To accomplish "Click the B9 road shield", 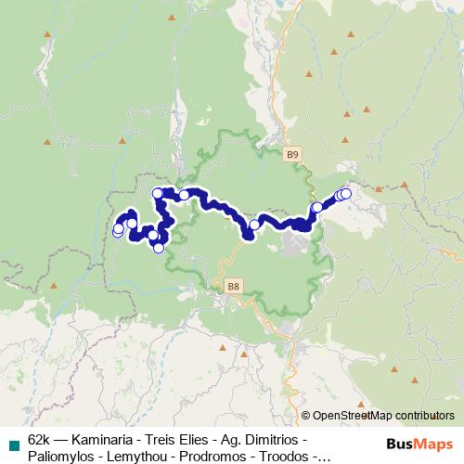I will (293, 153).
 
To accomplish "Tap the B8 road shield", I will (232, 289).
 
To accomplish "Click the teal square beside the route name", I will (13, 445).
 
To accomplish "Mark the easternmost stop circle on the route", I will (346, 193).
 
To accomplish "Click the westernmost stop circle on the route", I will (118, 231).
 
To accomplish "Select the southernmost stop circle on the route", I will (159, 248).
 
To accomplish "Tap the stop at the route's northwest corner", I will (158, 193).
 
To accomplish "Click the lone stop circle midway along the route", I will (254, 225).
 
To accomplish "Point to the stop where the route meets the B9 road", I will (317, 207).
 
